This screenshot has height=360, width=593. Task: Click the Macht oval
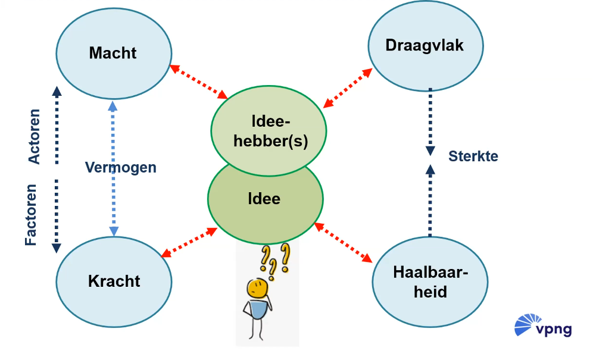113,53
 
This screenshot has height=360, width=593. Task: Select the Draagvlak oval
425,45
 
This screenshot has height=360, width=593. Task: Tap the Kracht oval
114,281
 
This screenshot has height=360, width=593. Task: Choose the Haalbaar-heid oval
430,282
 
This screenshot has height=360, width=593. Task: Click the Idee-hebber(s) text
268,133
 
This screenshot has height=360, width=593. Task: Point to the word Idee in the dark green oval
264,198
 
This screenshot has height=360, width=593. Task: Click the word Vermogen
120,167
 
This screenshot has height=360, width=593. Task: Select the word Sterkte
473,156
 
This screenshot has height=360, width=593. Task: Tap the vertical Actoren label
35,136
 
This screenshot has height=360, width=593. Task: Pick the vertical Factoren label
31,215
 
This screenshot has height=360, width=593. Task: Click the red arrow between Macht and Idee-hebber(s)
199,82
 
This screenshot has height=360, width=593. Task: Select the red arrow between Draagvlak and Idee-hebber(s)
348,88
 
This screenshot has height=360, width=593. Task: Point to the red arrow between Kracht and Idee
189,243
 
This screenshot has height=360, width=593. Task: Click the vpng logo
542,327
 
